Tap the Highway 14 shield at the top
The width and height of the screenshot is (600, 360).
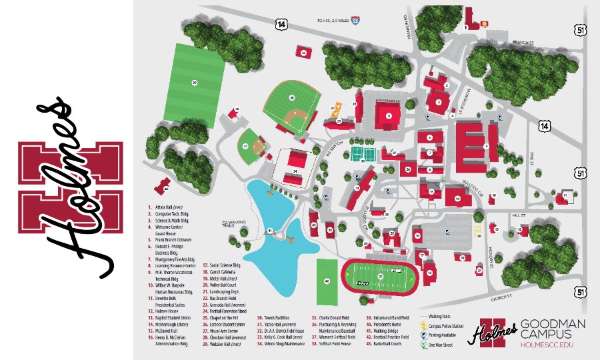281,24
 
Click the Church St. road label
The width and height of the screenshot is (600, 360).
501,297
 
